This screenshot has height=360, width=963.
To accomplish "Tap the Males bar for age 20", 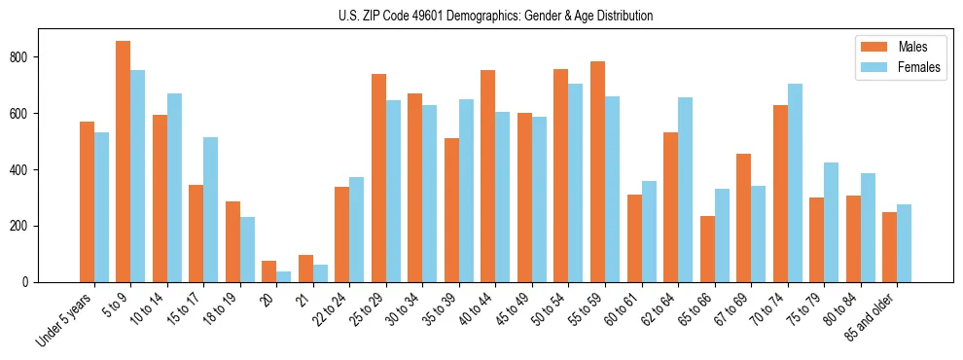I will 269,271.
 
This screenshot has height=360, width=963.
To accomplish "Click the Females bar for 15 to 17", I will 211,209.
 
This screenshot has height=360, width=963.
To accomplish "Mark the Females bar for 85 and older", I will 904,243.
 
